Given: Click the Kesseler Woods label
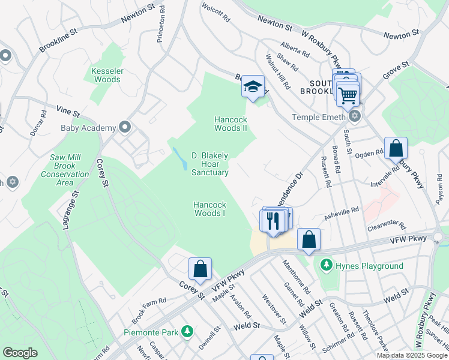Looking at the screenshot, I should (x=107, y=75).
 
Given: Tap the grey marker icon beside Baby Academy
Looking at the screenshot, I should (x=125, y=127).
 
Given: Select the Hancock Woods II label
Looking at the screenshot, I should (x=231, y=124).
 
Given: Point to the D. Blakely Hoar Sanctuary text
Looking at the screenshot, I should (x=209, y=164).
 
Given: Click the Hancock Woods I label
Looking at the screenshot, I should (x=210, y=209).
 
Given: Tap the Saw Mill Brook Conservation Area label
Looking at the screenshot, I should (x=65, y=170).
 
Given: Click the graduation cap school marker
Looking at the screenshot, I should (x=253, y=86).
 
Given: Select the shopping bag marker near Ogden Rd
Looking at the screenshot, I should (x=396, y=148).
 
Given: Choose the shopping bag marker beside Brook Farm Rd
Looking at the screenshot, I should (x=200, y=269).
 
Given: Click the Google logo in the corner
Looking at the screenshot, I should (x=20, y=353).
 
